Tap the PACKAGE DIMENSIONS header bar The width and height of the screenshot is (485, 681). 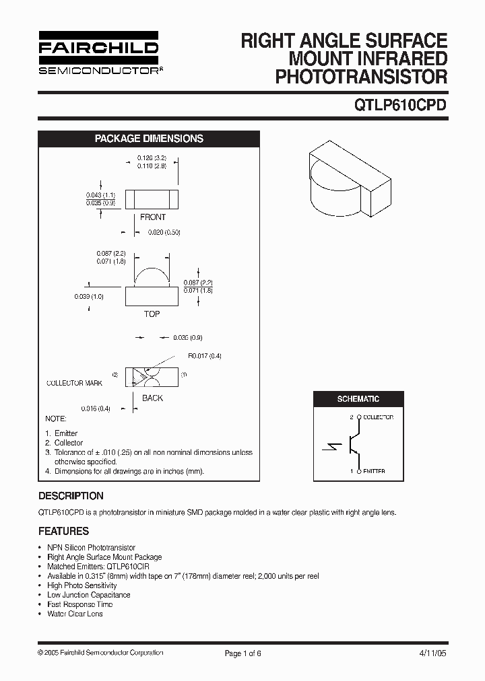point(148,139)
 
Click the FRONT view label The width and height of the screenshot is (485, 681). point(152,217)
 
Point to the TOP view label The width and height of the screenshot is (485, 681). point(152,314)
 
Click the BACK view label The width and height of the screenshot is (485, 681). point(152,398)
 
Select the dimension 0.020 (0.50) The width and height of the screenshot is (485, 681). point(164,232)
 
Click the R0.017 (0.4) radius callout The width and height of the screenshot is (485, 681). point(205,356)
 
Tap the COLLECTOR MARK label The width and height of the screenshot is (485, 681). point(74,383)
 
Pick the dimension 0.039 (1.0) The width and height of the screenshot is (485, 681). point(89,296)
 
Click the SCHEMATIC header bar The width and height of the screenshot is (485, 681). point(358,399)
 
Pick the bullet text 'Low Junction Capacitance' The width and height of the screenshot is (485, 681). point(89,595)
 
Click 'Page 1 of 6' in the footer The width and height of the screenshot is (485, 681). point(242,653)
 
